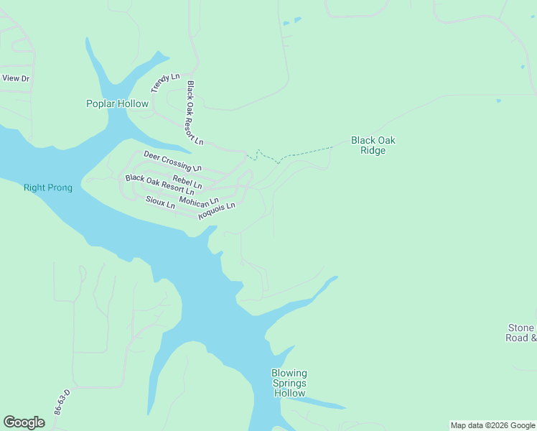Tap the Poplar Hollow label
point(117,103)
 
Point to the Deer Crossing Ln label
point(172,160)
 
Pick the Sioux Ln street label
point(160,203)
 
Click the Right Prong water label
point(48,187)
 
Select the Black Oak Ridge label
point(373,145)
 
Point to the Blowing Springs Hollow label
point(289,383)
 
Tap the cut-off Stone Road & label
point(521,333)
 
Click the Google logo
point(24,422)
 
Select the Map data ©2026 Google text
point(492,425)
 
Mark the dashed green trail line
point(302,153)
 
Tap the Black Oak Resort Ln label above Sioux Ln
point(159,185)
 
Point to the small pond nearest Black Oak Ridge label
point(498,101)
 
